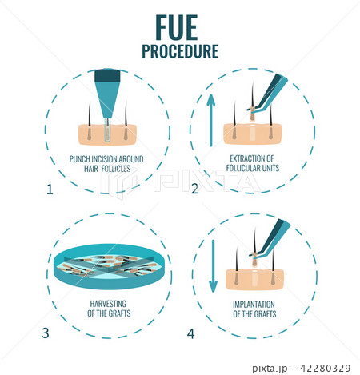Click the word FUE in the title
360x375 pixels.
(177, 27)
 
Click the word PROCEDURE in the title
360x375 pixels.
(180, 51)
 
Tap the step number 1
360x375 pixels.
(50, 189)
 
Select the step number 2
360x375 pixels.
(195, 189)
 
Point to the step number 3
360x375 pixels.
(46, 333)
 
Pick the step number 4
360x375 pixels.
(190, 333)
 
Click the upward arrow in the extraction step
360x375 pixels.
(211, 120)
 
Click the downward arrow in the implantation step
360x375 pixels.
(213, 266)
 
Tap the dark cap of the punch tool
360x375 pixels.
(107, 75)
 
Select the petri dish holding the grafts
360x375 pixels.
(110, 266)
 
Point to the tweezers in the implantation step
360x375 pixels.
(270, 238)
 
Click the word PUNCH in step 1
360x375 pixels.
(79, 159)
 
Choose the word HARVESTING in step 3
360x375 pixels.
(108, 304)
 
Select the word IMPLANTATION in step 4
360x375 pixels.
(254, 305)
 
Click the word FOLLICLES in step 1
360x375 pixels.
(116, 169)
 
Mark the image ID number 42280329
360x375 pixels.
(326, 369)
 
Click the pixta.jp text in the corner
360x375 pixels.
(270, 369)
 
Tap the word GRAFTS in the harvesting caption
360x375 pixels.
(120, 313)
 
